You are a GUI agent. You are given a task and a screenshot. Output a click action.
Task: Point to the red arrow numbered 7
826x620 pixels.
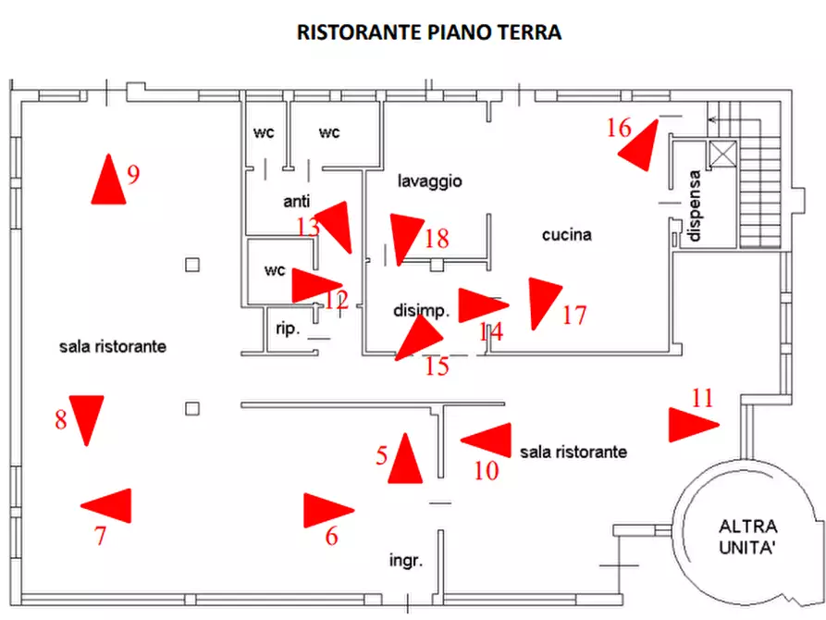pyautogui.click(x=108, y=505)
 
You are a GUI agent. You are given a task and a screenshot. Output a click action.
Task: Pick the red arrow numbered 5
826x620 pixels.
pyautogui.click(x=404, y=460)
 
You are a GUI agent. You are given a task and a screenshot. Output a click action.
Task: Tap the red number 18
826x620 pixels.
pyautogui.click(x=436, y=239)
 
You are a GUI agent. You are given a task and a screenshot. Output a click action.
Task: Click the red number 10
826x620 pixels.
pyautogui.click(x=487, y=471)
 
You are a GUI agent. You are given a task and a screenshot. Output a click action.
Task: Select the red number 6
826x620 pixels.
pyautogui.click(x=331, y=536)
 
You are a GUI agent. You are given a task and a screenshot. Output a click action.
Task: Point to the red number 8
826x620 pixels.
pyautogui.click(x=61, y=420)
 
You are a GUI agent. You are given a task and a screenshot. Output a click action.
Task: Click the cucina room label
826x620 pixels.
pyautogui.click(x=566, y=235)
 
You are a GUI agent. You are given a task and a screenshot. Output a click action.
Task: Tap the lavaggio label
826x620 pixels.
pyautogui.click(x=429, y=181)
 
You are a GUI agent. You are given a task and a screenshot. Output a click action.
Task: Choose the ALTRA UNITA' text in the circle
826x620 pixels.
pyautogui.click(x=746, y=537)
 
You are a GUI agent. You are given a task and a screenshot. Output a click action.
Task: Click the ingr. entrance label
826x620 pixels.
pyautogui.click(x=405, y=561)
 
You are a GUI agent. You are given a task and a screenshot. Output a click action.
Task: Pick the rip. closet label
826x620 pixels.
pyautogui.click(x=288, y=328)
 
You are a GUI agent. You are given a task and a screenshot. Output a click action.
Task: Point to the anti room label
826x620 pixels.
pyautogui.click(x=296, y=201)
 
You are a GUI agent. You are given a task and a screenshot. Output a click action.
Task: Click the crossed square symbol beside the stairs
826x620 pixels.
pyautogui.click(x=721, y=155)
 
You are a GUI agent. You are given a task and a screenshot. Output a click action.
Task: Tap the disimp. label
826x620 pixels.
pyautogui.click(x=421, y=311)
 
